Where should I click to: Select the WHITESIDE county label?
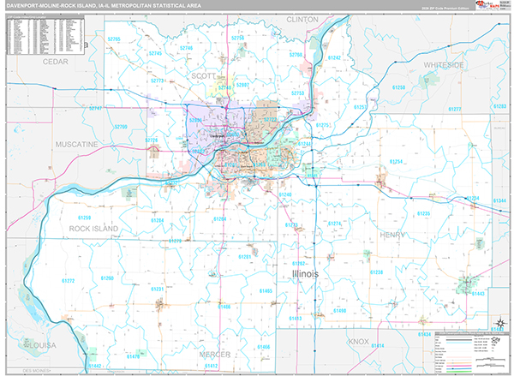443,64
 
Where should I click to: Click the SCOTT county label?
202,75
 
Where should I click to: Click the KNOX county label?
358,341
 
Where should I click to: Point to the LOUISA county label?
40,344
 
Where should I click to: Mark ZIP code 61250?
399,87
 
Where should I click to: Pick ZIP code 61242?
334,57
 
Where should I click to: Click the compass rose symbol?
498,324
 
